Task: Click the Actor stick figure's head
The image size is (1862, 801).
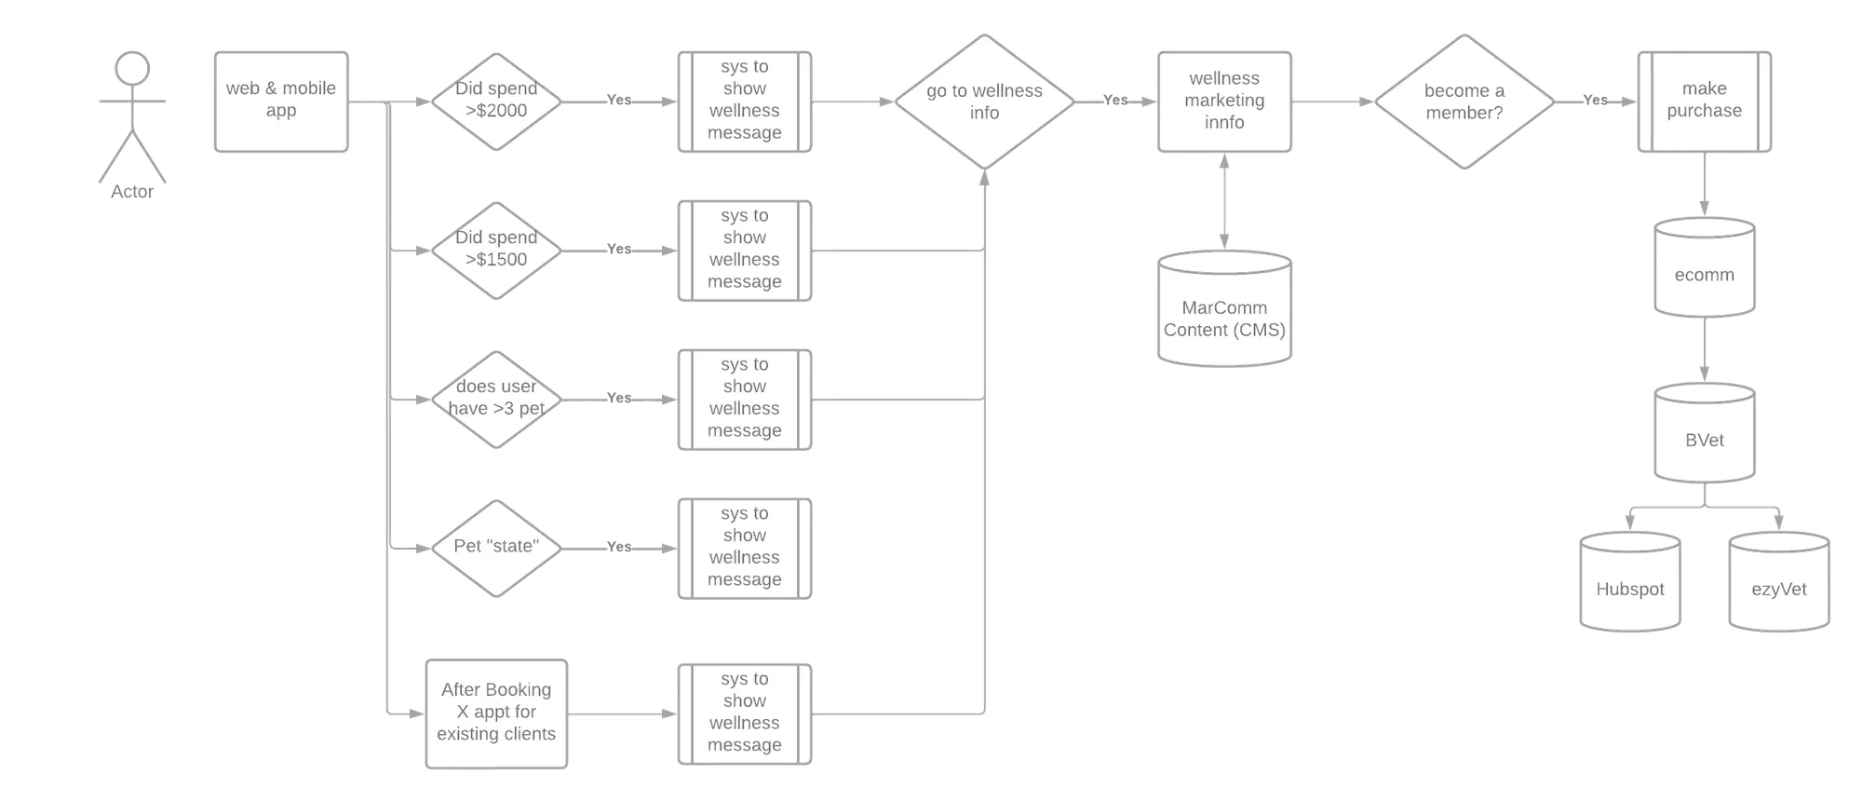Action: (x=132, y=69)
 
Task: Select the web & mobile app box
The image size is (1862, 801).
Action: (x=281, y=102)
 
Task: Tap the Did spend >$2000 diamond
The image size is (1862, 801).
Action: (x=496, y=102)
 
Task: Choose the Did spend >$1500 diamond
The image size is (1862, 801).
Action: (x=496, y=251)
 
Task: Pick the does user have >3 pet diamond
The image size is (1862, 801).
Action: (x=496, y=400)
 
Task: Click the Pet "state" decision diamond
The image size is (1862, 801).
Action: (x=496, y=549)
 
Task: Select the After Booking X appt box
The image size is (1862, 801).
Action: (x=496, y=714)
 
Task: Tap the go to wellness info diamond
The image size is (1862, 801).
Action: (x=984, y=102)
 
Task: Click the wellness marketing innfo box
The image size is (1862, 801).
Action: (x=1224, y=102)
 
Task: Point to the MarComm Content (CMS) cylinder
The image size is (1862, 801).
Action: (x=1224, y=308)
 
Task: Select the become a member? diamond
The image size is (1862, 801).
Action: (x=1464, y=102)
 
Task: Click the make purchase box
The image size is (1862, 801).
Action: (x=1705, y=102)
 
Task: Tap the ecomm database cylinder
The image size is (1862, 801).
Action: (x=1705, y=267)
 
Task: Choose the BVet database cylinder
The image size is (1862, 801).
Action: (x=1705, y=433)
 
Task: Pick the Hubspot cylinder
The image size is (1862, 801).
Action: (x=1630, y=582)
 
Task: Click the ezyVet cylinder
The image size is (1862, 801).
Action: (x=1779, y=582)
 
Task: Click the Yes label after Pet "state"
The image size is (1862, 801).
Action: (x=619, y=547)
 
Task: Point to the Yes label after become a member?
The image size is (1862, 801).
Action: (x=1596, y=100)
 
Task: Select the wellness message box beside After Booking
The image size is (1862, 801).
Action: (x=745, y=714)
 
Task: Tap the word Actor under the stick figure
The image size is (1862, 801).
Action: (x=132, y=192)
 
